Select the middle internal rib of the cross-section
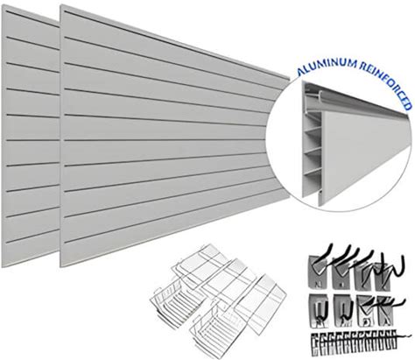pyautogui.click(x=313, y=151)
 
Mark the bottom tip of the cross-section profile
pyautogui.click(x=320, y=206)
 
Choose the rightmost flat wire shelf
pyautogui.click(x=260, y=304)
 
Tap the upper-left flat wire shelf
pyautogui.click(x=201, y=265)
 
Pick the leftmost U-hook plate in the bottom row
pyautogui.click(x=320, y=310)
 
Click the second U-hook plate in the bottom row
pyautogui.click(x=343, y=310)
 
